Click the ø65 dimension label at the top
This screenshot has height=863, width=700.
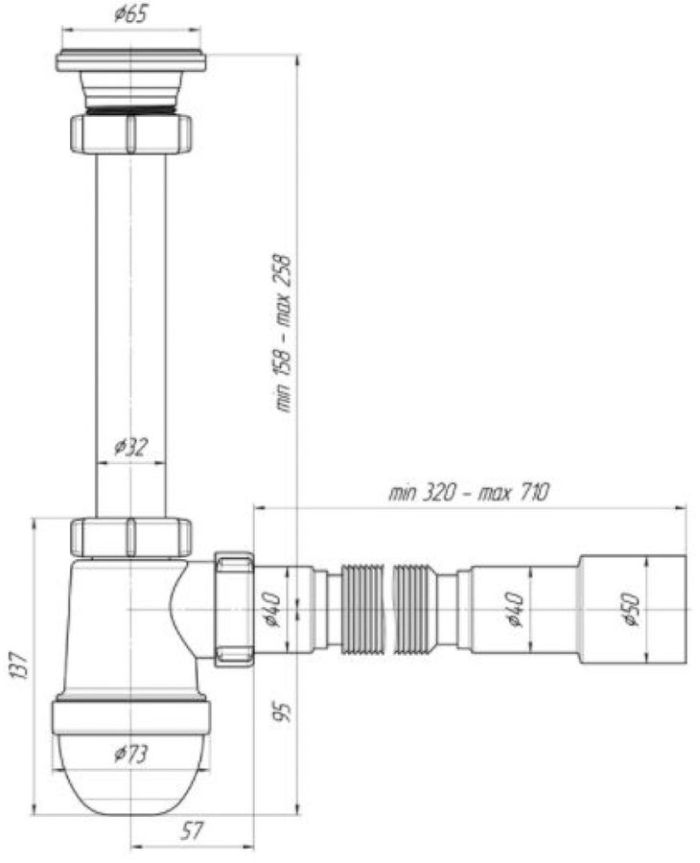130,15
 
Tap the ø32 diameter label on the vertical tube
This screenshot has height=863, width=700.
130,447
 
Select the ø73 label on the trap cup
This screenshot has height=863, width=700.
130,754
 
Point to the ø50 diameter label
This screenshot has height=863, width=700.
630,609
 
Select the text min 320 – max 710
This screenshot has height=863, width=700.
468,493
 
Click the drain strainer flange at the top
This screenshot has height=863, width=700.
130,59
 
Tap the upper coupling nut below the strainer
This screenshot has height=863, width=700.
130,132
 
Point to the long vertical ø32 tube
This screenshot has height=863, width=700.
130,326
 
